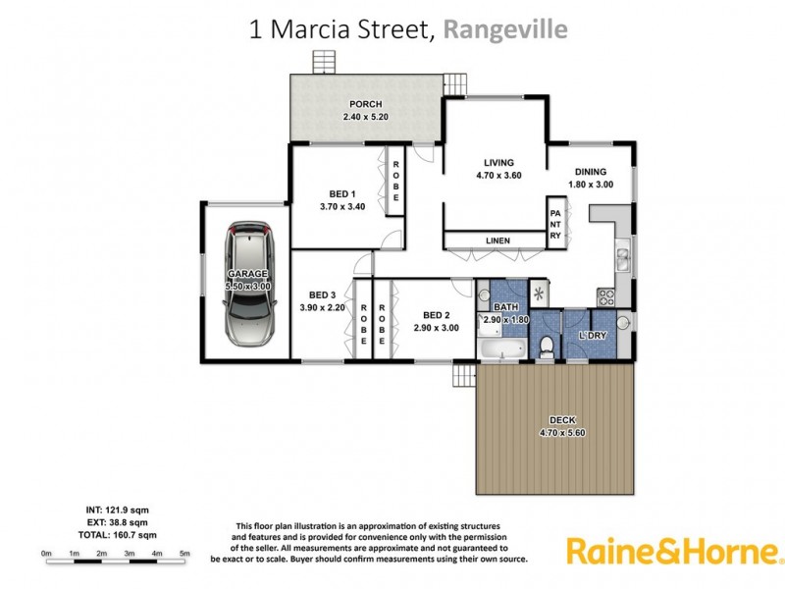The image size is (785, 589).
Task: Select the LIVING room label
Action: pyautogui.click(x=498, y=163)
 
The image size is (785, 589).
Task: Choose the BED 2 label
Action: pyautogui.click(x=436, y=314)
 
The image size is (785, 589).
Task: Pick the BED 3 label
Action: pyautogui.click(x=323, y=294)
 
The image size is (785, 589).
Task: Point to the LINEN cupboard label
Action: pyautogui.click(x=497, y=241)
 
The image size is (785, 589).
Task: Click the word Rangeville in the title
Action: pyautogui.click(x=505, y=29)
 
